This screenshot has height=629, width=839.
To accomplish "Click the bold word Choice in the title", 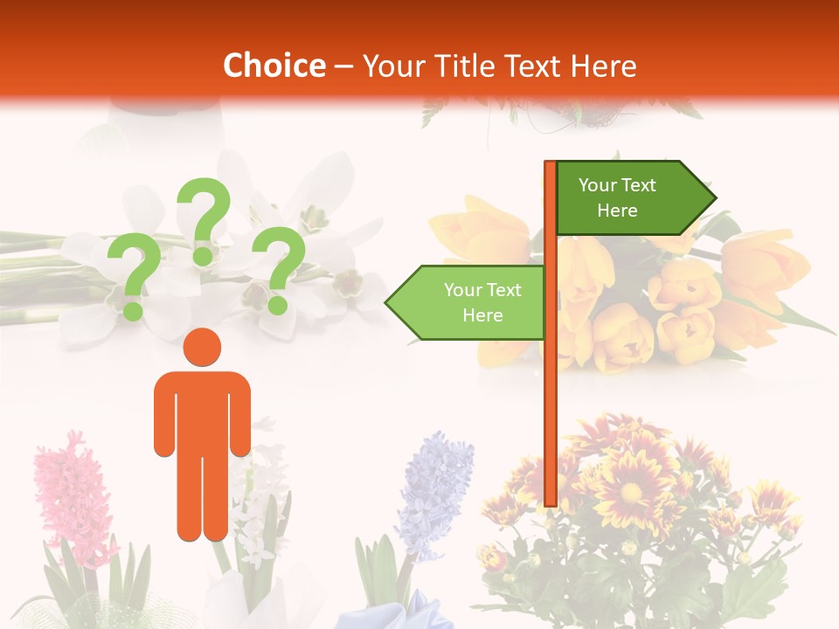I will point(274,66).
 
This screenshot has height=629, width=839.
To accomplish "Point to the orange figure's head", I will point(202,347).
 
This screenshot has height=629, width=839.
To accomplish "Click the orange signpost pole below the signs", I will point(551,419).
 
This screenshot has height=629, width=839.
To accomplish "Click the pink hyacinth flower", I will point(66,498).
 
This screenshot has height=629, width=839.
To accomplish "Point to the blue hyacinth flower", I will point(434,494).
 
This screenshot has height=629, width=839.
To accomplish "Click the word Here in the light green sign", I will point(482,315).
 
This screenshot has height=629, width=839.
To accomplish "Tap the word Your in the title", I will point(392,66).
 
